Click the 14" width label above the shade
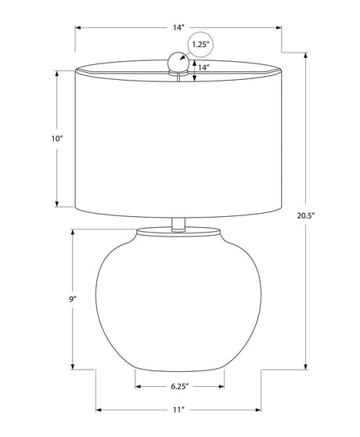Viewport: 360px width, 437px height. pos(178,27)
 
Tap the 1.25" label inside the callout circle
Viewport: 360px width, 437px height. pos(200,45)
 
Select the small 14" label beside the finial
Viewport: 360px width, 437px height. pos(203,67)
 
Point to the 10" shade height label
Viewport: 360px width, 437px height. pos(57,139)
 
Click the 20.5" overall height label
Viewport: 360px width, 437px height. pos(306,215)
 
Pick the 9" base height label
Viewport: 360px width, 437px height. pos(73,299)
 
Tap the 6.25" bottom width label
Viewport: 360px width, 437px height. pos(180,386)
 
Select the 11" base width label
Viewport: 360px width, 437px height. pos(178,410)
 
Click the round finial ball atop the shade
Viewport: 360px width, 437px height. pos(178,62)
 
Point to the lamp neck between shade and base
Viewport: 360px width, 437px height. pos(178,224)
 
